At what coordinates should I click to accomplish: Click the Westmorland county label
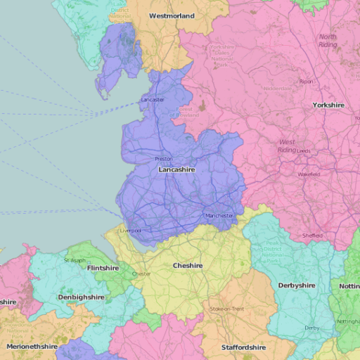[x=172, y=15]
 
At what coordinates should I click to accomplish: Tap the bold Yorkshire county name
[x=328, y=105]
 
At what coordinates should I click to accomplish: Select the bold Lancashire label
[x=176, y=170]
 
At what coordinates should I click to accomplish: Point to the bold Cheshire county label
[x=188, y=266]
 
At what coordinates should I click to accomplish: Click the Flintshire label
[x=103, y=269]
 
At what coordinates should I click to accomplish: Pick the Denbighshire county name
[x=81, y=297]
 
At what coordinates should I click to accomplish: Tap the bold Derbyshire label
[x=297, y=285]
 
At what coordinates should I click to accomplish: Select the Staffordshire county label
[x=243, y=347]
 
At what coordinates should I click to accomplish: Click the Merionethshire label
[x=32, y=347]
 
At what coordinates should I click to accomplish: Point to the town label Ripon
[x=306, y=82]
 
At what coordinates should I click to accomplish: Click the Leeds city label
[x=303, y=150]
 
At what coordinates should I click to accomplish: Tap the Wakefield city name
[x=309, y=174]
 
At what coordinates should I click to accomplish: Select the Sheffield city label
[x=313, y=236]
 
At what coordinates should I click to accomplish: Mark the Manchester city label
[x=219, y=215]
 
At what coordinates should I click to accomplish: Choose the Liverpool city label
[x=131, y=231]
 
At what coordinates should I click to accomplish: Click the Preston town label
[x=163, y=159]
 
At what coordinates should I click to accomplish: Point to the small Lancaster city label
[x=153, y=100]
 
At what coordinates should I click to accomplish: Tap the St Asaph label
[x=75, y=260]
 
